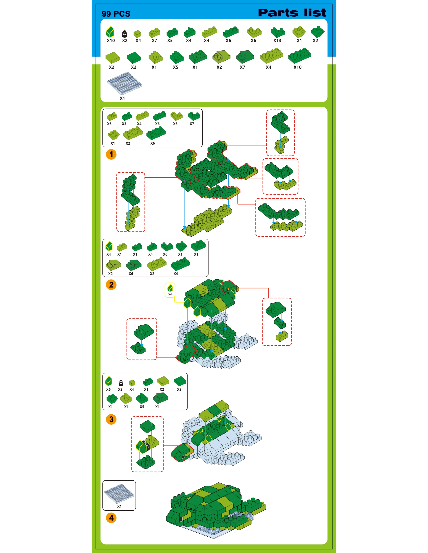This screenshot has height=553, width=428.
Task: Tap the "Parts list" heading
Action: [292, 13]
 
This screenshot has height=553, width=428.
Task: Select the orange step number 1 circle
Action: [111, 154]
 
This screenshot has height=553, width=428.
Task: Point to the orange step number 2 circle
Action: [111, 285]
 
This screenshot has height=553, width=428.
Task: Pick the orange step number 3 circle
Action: [111, 419]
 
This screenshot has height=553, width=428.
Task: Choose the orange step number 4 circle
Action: [111, 518]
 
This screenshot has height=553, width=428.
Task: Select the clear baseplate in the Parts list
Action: [125, 84]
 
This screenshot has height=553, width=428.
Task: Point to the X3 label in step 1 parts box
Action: [124, 124]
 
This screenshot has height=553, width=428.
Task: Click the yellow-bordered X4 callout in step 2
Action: [170, 290]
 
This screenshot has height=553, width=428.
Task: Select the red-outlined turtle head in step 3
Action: [182, 452]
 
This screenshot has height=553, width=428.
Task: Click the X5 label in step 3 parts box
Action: [142, 407]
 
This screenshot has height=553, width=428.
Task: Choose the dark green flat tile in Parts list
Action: [134, 58]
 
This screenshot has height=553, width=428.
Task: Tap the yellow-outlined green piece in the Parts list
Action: [110, 32]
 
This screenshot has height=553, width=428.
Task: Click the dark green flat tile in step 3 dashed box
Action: [147, 427]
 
